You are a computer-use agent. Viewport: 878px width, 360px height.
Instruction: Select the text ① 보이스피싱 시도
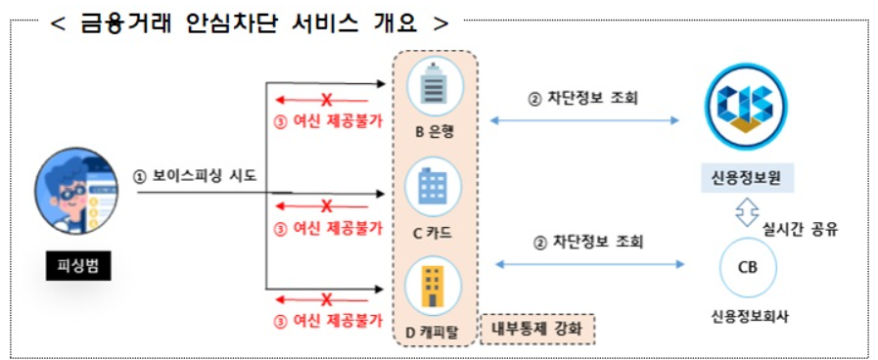[x=196, y=177]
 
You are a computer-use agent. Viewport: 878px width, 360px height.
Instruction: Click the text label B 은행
[x=431, y=132]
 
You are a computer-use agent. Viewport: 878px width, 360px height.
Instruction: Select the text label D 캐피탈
[x=431, y=332]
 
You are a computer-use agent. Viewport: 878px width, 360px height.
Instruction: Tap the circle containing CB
[x=747, y=267]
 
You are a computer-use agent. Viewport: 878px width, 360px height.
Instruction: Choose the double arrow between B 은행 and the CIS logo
[x=584, y=120]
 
